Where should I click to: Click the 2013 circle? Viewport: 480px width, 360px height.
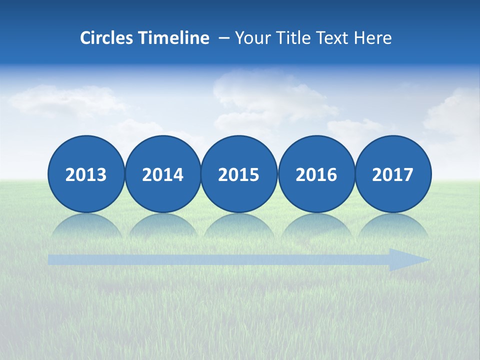point(86,174)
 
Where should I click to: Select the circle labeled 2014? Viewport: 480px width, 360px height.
point(162,174)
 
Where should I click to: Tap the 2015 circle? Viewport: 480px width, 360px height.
point(239,174)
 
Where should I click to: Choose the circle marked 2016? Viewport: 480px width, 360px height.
point(316,174)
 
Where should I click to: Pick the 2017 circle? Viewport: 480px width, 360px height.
point(393,174)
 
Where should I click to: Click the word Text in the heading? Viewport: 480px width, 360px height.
point(332,38)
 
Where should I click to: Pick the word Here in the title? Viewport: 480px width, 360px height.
point(372,38)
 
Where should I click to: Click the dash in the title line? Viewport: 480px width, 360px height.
point(223,38)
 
